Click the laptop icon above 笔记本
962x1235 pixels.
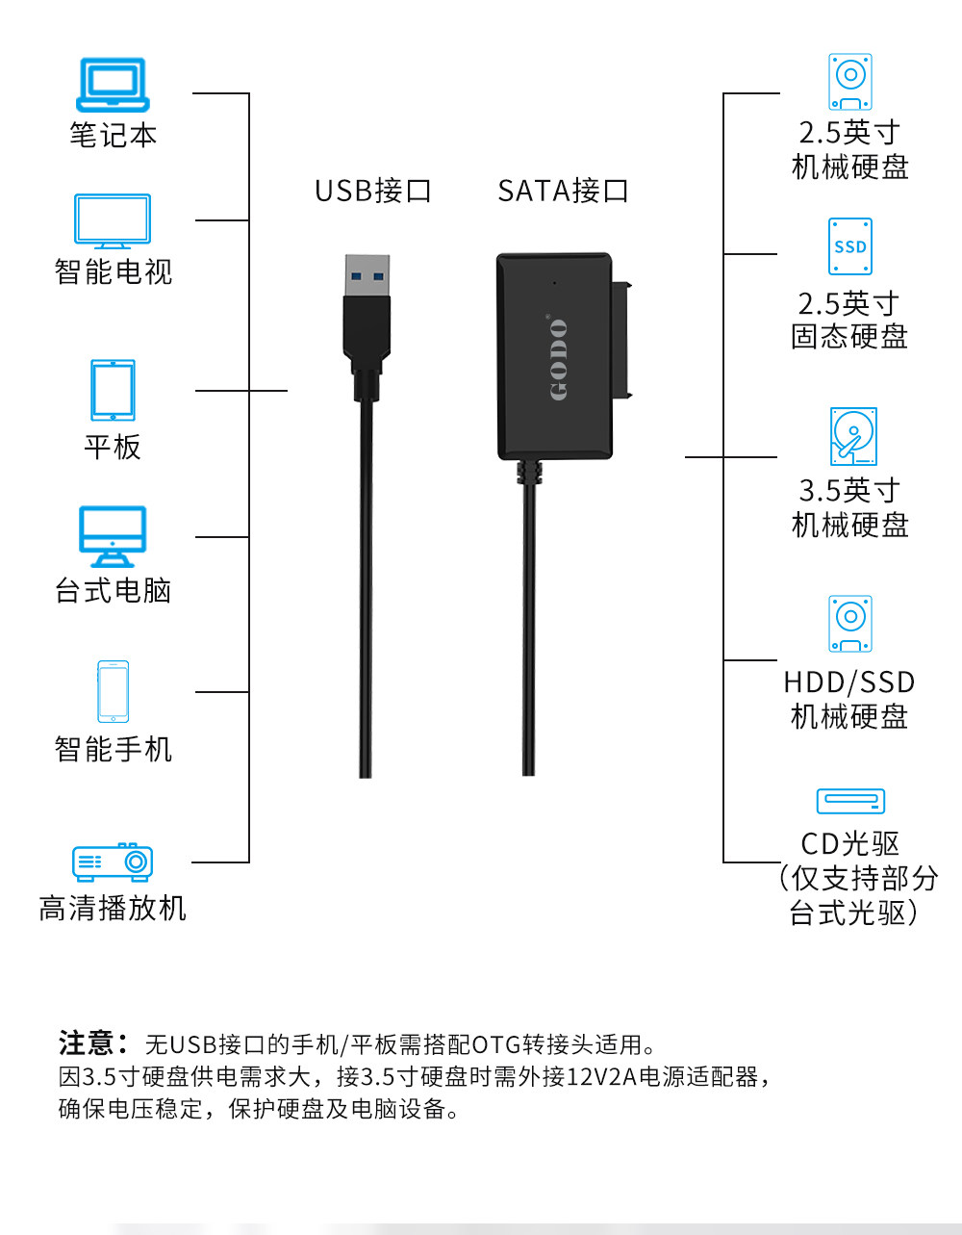click(113, 85)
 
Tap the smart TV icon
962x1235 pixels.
click(113, 221)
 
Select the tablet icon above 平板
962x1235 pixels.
click(113, 390)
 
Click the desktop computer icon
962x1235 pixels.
click(113, 536)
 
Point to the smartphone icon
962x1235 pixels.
click(113, 691)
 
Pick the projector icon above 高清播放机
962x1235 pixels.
click(113, 862)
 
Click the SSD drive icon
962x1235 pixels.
click(850, 246)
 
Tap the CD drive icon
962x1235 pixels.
click(850, 801)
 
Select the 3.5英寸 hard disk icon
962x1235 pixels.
click(853, 436)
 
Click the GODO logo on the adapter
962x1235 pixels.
click(558, 359)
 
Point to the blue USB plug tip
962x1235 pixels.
click(367, 275)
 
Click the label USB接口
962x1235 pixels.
click(373, 191)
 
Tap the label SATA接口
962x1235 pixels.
click(563, 191)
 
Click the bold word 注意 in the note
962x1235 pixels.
click(88, 1043)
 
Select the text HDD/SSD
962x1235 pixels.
click(849, 682)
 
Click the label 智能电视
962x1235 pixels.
click(114, 271)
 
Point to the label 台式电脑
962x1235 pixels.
click(114, 590)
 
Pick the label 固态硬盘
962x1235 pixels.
click(849, 337)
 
